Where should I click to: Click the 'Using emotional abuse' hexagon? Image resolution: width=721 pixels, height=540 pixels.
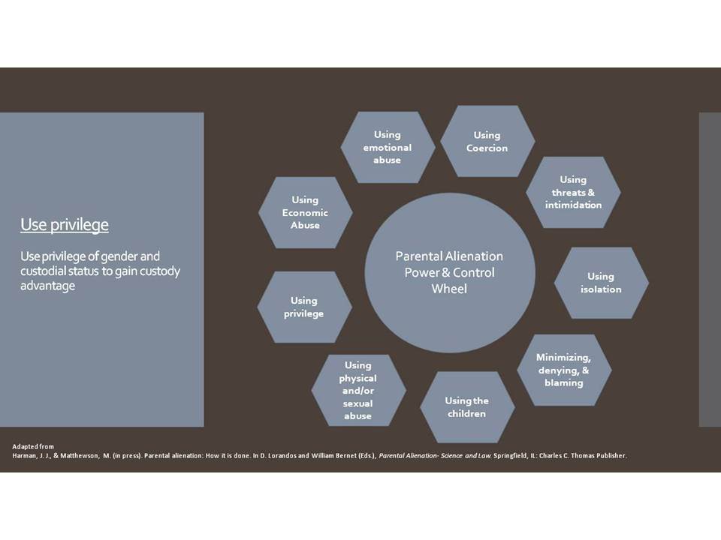[388, 147]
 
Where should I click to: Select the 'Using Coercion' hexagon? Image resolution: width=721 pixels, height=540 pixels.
[487, 142]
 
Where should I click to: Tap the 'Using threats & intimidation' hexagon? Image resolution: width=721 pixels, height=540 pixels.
[573, 192]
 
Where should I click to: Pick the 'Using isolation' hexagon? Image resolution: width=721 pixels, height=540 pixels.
[601, 283]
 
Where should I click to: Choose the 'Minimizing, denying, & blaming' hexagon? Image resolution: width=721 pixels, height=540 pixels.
[564, 370]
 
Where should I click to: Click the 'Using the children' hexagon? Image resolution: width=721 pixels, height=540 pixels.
[466, 407]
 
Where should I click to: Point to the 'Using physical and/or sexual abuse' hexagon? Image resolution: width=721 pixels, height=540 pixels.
[359, 390]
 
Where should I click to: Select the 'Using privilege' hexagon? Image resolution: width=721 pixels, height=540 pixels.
[304, 307]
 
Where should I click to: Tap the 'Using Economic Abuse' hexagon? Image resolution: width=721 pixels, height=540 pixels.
[306, 212]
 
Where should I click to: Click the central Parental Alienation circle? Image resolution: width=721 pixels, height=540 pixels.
[450, 273]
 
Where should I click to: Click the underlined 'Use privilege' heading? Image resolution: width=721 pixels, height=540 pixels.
[65, 225]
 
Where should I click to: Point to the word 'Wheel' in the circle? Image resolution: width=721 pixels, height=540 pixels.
[449, 289]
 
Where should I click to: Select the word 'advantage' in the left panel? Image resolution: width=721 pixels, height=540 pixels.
[48, 286]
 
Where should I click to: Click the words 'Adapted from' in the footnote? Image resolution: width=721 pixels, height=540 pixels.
[33, 446]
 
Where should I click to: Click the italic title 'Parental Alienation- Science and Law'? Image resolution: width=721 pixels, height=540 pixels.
[435, 455]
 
